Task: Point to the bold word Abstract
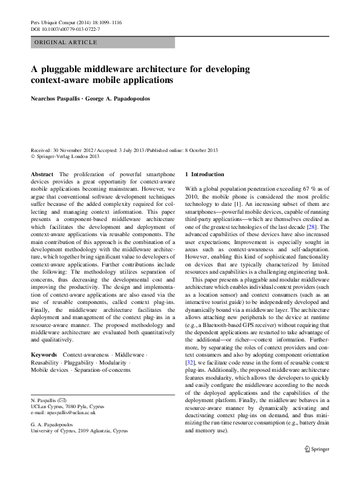pos(42,174)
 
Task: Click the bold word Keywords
pos(44,354)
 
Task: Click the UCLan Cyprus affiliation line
pos(64,406)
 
